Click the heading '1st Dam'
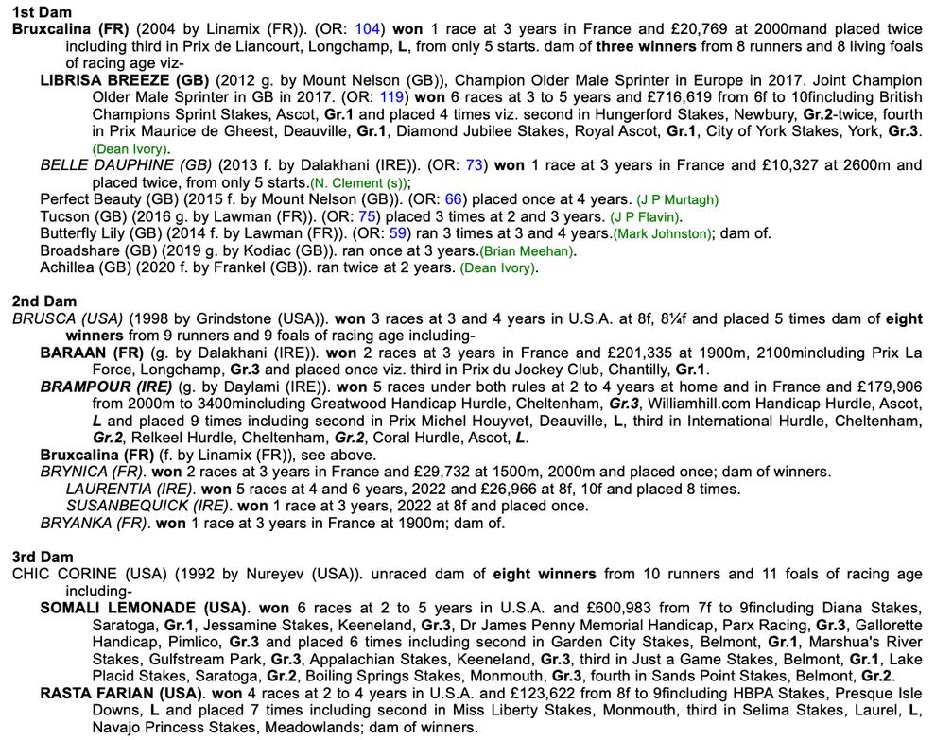tap(37, 12)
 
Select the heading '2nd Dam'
tap(39, 301)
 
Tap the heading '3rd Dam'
tap(38, 557)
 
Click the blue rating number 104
tap(368, 29)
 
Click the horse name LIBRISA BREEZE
tap(114, 80)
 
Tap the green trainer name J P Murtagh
tap(677, 199)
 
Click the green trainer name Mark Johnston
tap(662, 233)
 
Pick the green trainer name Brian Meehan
tap(527, 250)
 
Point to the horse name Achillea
tap(71, 267)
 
